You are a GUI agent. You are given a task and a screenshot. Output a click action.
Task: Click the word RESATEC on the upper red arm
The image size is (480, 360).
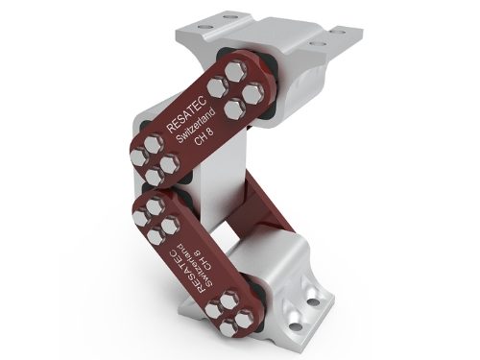click(187, 113)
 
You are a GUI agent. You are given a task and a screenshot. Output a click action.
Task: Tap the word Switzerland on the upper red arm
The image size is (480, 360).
click(196, 126)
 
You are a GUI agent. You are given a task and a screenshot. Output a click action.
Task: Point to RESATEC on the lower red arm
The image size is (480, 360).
click(184, 272)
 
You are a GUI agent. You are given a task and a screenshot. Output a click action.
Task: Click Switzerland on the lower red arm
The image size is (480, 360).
click(196, 265)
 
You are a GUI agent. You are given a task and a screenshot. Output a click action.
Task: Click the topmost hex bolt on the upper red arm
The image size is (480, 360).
click(236, 71)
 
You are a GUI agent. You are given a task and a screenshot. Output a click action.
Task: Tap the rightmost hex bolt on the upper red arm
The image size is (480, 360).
click(252, 93)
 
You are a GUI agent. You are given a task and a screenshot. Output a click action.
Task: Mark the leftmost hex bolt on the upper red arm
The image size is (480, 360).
click(139, 158)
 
